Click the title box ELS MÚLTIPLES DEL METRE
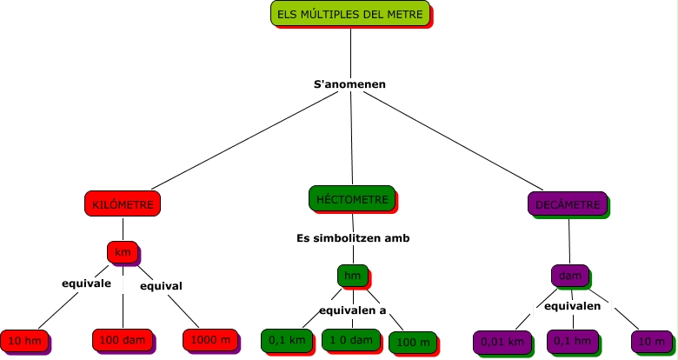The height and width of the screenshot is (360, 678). pos(350,15)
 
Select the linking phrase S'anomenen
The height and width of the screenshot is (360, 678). pos(349,84)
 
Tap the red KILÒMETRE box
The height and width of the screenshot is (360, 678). pos(123,203)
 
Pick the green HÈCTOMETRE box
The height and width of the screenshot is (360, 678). pos(352,199)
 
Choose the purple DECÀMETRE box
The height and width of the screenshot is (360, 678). pos(568,204)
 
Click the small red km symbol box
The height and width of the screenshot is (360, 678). pos(123,252)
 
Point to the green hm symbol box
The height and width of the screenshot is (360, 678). pos(352,276)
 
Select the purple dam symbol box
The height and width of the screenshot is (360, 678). pos(570,276)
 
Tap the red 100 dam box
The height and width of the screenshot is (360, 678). pos(122,340)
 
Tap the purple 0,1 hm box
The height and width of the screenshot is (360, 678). pos(570,342)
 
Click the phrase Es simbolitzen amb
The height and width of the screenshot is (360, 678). pos(352,237)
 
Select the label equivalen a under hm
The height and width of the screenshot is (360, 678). pos(352,310)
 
